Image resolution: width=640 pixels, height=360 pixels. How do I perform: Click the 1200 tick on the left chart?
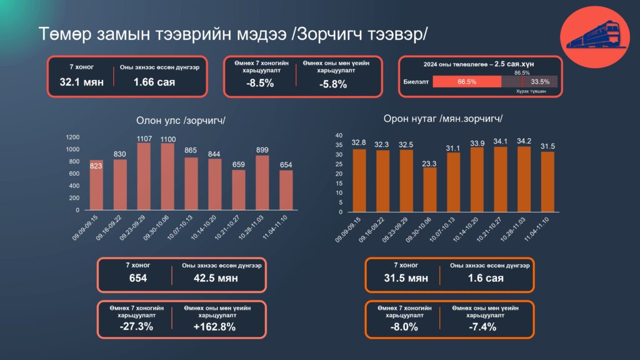72,137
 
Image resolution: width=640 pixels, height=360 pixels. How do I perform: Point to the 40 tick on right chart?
339,135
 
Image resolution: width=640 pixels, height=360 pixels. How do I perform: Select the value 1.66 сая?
154,82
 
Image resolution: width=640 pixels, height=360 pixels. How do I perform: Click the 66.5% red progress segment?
466,81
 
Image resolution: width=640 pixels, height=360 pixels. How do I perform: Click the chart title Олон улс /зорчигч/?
180,120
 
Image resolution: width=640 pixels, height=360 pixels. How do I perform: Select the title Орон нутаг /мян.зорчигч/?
444,119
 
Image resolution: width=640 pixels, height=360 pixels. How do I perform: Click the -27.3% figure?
137,327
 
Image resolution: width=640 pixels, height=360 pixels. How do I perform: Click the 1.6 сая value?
486,278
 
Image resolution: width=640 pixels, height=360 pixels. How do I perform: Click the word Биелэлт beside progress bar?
416,81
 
